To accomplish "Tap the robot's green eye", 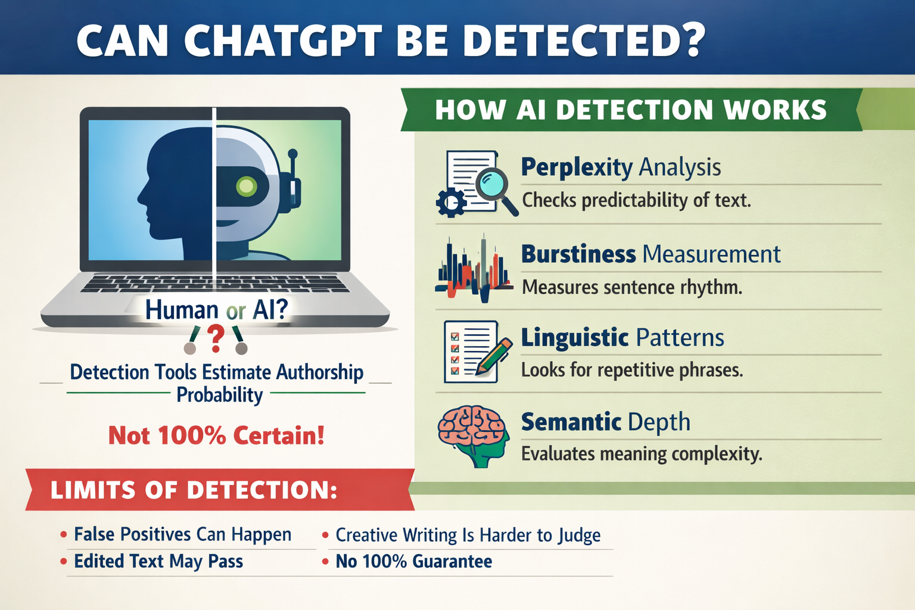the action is click(x=246, y=186).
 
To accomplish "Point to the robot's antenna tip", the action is click(x=292, y=154).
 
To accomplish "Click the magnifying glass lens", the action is click(x=492, y=184).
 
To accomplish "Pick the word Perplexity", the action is click(x=577, y=167).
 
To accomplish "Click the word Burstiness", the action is click(x=578, y=254).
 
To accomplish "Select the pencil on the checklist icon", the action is click(x=493, y=356).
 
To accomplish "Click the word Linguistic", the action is click(x=575, y=338).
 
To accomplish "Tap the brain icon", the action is click(x=474, y=435).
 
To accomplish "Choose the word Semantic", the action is click(x=571, y=422).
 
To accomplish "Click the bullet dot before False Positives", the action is click(x=63, y=534).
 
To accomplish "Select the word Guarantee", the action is click(x=452, y=561).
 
